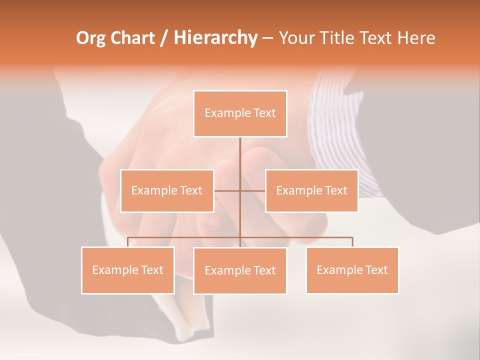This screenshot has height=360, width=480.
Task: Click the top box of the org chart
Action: point(240,113)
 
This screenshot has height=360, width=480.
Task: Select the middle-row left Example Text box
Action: point(167,190)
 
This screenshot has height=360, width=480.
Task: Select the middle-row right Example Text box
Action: point(311,190)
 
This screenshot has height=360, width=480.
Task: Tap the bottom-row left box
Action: point(128,270)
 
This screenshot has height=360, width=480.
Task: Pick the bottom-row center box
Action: point(240,270)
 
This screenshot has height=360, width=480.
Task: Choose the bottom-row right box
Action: point(352,270)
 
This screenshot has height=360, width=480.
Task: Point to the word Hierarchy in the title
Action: point(215,38)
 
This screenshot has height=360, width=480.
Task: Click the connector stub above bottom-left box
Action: point(128,242)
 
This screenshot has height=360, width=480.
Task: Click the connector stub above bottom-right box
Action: point(352,242)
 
